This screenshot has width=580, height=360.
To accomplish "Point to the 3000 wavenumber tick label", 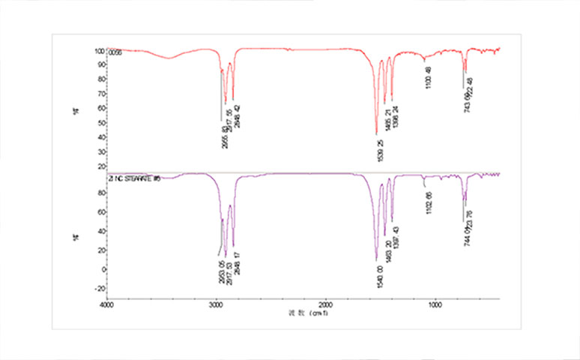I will (x=217, y=305).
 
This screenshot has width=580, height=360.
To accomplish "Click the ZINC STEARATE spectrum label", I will (x=136, y=178).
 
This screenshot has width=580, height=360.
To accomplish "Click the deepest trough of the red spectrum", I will (x=376, y=133).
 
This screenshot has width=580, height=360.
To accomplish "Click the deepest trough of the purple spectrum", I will (x=376, y=259).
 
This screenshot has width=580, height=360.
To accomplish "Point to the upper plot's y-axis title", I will (x=76, y=109).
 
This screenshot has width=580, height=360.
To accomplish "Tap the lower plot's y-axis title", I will (x=76, y=235).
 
